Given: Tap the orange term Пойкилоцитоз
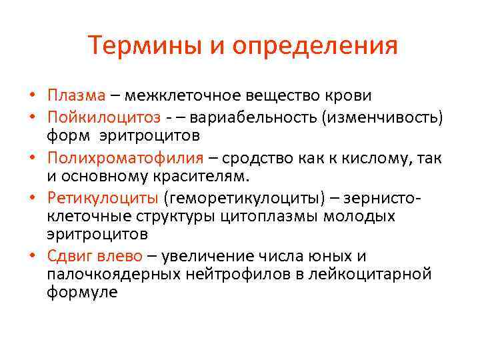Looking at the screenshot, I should [x=103, y=117].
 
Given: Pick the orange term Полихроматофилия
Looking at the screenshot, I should [x=125, y=158].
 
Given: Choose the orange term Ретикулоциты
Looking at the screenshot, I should [x=102, y=199].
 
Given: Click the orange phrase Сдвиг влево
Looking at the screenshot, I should [x=95, y=256].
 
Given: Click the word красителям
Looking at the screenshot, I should [x=208, y=177].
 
